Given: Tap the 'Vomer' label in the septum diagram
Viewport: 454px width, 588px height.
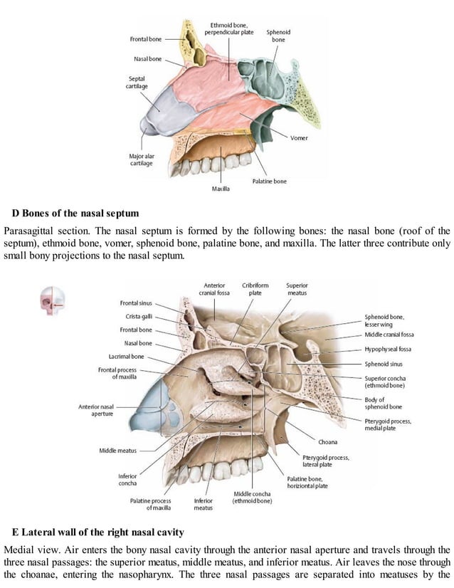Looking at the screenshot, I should click(298, 137).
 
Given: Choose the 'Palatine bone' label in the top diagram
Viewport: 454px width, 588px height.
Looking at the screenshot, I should click(269, 182).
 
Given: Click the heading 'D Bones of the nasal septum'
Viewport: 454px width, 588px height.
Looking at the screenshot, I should click(75, 213).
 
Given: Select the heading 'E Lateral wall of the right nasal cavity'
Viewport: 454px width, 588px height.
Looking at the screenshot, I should click(98, 532).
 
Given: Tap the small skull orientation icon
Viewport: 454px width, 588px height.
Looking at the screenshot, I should click(50, 300).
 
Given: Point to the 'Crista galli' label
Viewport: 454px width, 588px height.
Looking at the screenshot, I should click(137, 317).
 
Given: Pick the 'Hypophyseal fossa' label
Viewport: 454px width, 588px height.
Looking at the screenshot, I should click(388, 349).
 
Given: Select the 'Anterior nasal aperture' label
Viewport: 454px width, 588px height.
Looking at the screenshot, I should click(98, 410).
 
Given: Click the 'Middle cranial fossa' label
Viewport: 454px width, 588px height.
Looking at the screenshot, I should click(389, 334).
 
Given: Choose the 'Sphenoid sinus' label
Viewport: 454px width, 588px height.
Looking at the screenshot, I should click(385, 363).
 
